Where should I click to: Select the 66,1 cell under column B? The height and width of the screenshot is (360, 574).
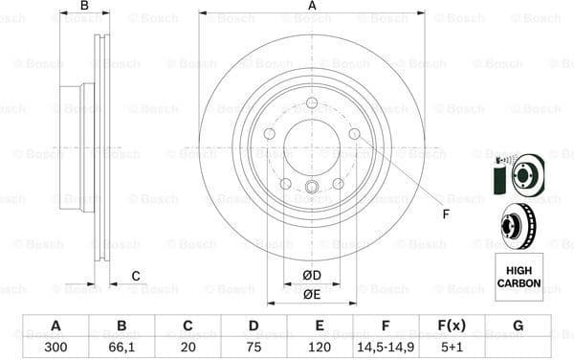point(121,346)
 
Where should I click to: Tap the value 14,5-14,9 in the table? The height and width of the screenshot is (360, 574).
point(386,346)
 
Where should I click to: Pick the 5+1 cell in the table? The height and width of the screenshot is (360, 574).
point(452,346)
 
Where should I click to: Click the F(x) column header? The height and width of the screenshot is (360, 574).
point(452,326)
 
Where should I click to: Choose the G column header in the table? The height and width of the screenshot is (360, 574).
point(518,326)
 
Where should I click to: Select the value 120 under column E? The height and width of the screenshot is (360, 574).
point(320,346)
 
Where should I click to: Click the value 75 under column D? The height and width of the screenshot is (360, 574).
point(254,346)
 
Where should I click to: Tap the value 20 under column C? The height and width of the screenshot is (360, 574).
point(188,346)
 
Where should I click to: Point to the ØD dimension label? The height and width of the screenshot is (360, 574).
point(312,276)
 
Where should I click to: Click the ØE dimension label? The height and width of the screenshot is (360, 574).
point(312,294)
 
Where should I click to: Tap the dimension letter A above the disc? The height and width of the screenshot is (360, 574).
point(312,7)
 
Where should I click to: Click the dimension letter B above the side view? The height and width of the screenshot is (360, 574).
point(84,7)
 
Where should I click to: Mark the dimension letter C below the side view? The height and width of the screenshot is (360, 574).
point(136,276)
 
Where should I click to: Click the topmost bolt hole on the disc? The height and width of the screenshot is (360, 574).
point(312,103)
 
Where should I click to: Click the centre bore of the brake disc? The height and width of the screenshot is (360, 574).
point(312,146)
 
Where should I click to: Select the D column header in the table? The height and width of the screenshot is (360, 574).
point(254,326)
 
